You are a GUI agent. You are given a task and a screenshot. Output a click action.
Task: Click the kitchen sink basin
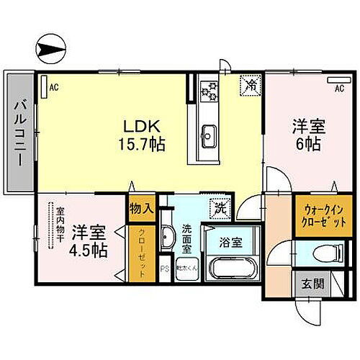click(209, 134)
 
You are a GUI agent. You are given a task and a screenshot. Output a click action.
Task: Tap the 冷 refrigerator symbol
click(251, 84)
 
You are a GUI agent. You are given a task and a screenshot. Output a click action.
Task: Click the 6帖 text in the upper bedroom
click(308, 143)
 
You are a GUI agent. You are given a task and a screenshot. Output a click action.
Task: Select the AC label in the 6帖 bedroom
click(338, 89)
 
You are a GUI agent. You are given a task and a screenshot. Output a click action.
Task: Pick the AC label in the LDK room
click(53, 88)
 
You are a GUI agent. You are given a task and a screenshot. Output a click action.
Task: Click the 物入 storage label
click(140, 210)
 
